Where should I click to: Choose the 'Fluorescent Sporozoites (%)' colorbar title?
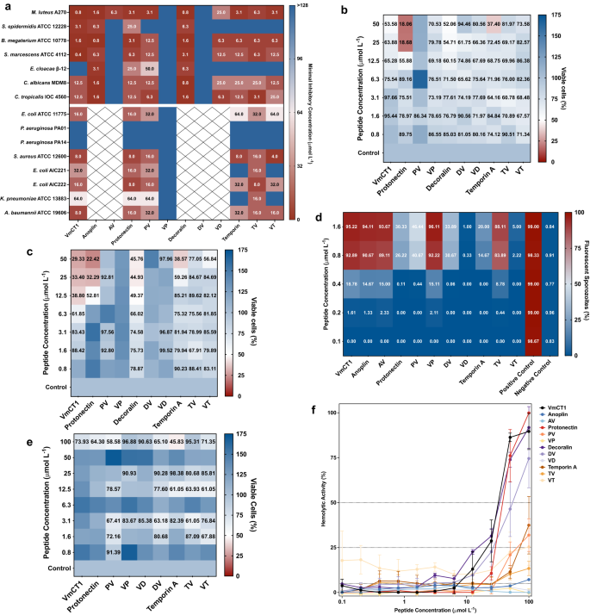click(x=582, y=272)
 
